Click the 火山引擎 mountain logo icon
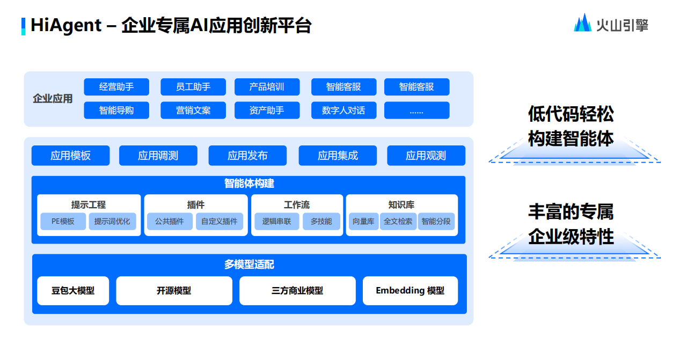pyautogui.click(x=582, y=23)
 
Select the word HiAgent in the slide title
pyautogui.click(x=65, y=25)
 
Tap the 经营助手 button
pyautogui.click(x=116, y=87)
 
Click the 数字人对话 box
pyautogui.click(x=343, y=111)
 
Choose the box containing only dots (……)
pyautogui.click(x=416, y=111)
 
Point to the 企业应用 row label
pyautogui.click(x=53, y=99)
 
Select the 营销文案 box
pyautogui.click(x=193, y=111)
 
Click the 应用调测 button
pyautogui.click(x=158, y=156)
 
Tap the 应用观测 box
pyautogui.click(x=426, y=156)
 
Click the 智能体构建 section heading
pyautogui.click(x=249, y=183)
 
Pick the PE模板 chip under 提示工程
pyautogui.click(x=63, y=221)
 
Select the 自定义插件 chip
pyautogui.click(x=219, y=221)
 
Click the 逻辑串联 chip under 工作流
pyautogui.click(x=276, y=221)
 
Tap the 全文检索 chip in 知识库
pyautogui.click(x=398, y=221)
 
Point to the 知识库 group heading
pyautogui.click(x=401, y=205)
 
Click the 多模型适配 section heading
pyautogui.click(x=249, y=265)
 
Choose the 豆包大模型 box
pyautogui.click(x=73, y=290)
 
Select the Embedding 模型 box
pyautogui.click(x=410, y=290)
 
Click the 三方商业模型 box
pyautogui.click(x=297, y=290)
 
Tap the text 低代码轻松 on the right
pyautogui.click(x=571, y=114)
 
